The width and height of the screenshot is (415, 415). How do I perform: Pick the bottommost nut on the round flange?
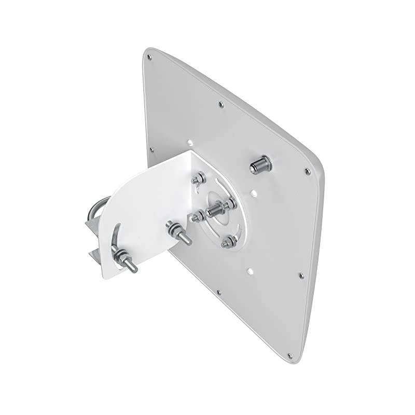tap(227, 241)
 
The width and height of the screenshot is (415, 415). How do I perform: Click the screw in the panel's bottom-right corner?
tap(289, 356)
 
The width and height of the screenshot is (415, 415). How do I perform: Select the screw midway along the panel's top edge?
tap(221, 105)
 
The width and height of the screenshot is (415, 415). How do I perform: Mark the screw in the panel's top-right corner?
tap(308, 171)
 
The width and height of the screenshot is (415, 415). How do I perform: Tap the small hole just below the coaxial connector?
tap(254, 193)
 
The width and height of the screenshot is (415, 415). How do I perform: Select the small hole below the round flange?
tap(250, 270)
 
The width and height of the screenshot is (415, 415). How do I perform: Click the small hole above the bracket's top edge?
tap(190, 140)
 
